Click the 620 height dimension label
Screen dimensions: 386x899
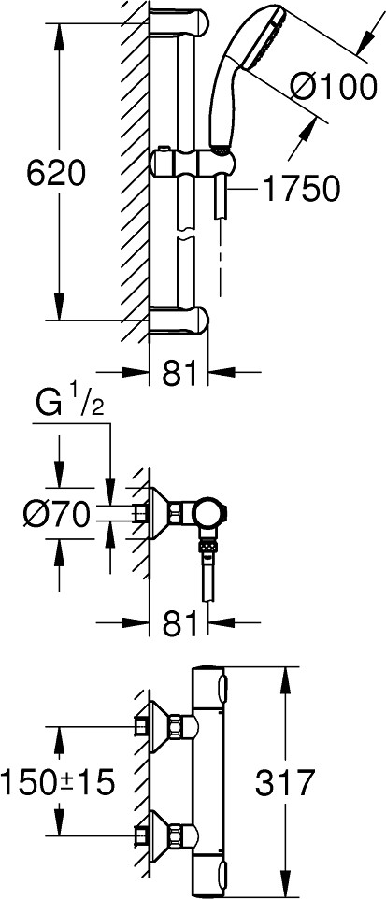pyautogui.click(x=56, y=174)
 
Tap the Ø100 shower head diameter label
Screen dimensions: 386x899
pyautogui.click(x=334, y=88)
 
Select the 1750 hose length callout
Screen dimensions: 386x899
pyautogui.click(x=301, y=189)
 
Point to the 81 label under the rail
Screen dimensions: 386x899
pyautogui.click(x=179, y=373)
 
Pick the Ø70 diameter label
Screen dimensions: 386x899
pyautogui.click(x=57, y=514)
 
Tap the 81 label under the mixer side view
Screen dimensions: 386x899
pyautogui.click(x=179, y=623)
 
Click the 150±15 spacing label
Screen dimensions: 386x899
pyautogui.click(x=57, y=782)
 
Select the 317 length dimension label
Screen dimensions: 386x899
pyautogui.click(x=285, y=782)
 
